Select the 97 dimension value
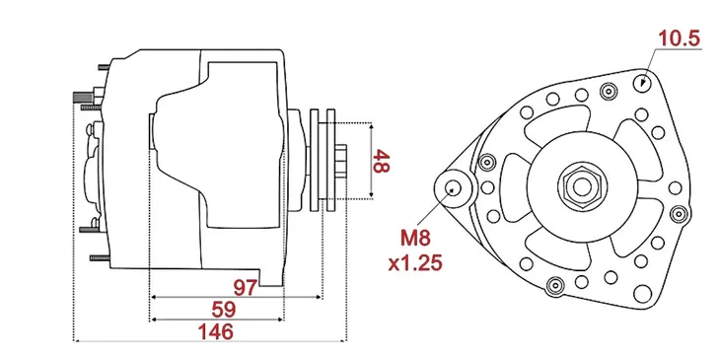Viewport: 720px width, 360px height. pyautogui.click(x=246, y=287)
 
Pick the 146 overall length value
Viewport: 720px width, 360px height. pyautogui.click(x=209, y=332)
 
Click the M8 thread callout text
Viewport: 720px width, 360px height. pyautogui.click(x=415, y=239)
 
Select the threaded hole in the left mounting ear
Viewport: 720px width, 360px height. pyautogui.click(x=455, y=187)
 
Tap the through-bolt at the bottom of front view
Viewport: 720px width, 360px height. pyautogui.click(x=553, y=287)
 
